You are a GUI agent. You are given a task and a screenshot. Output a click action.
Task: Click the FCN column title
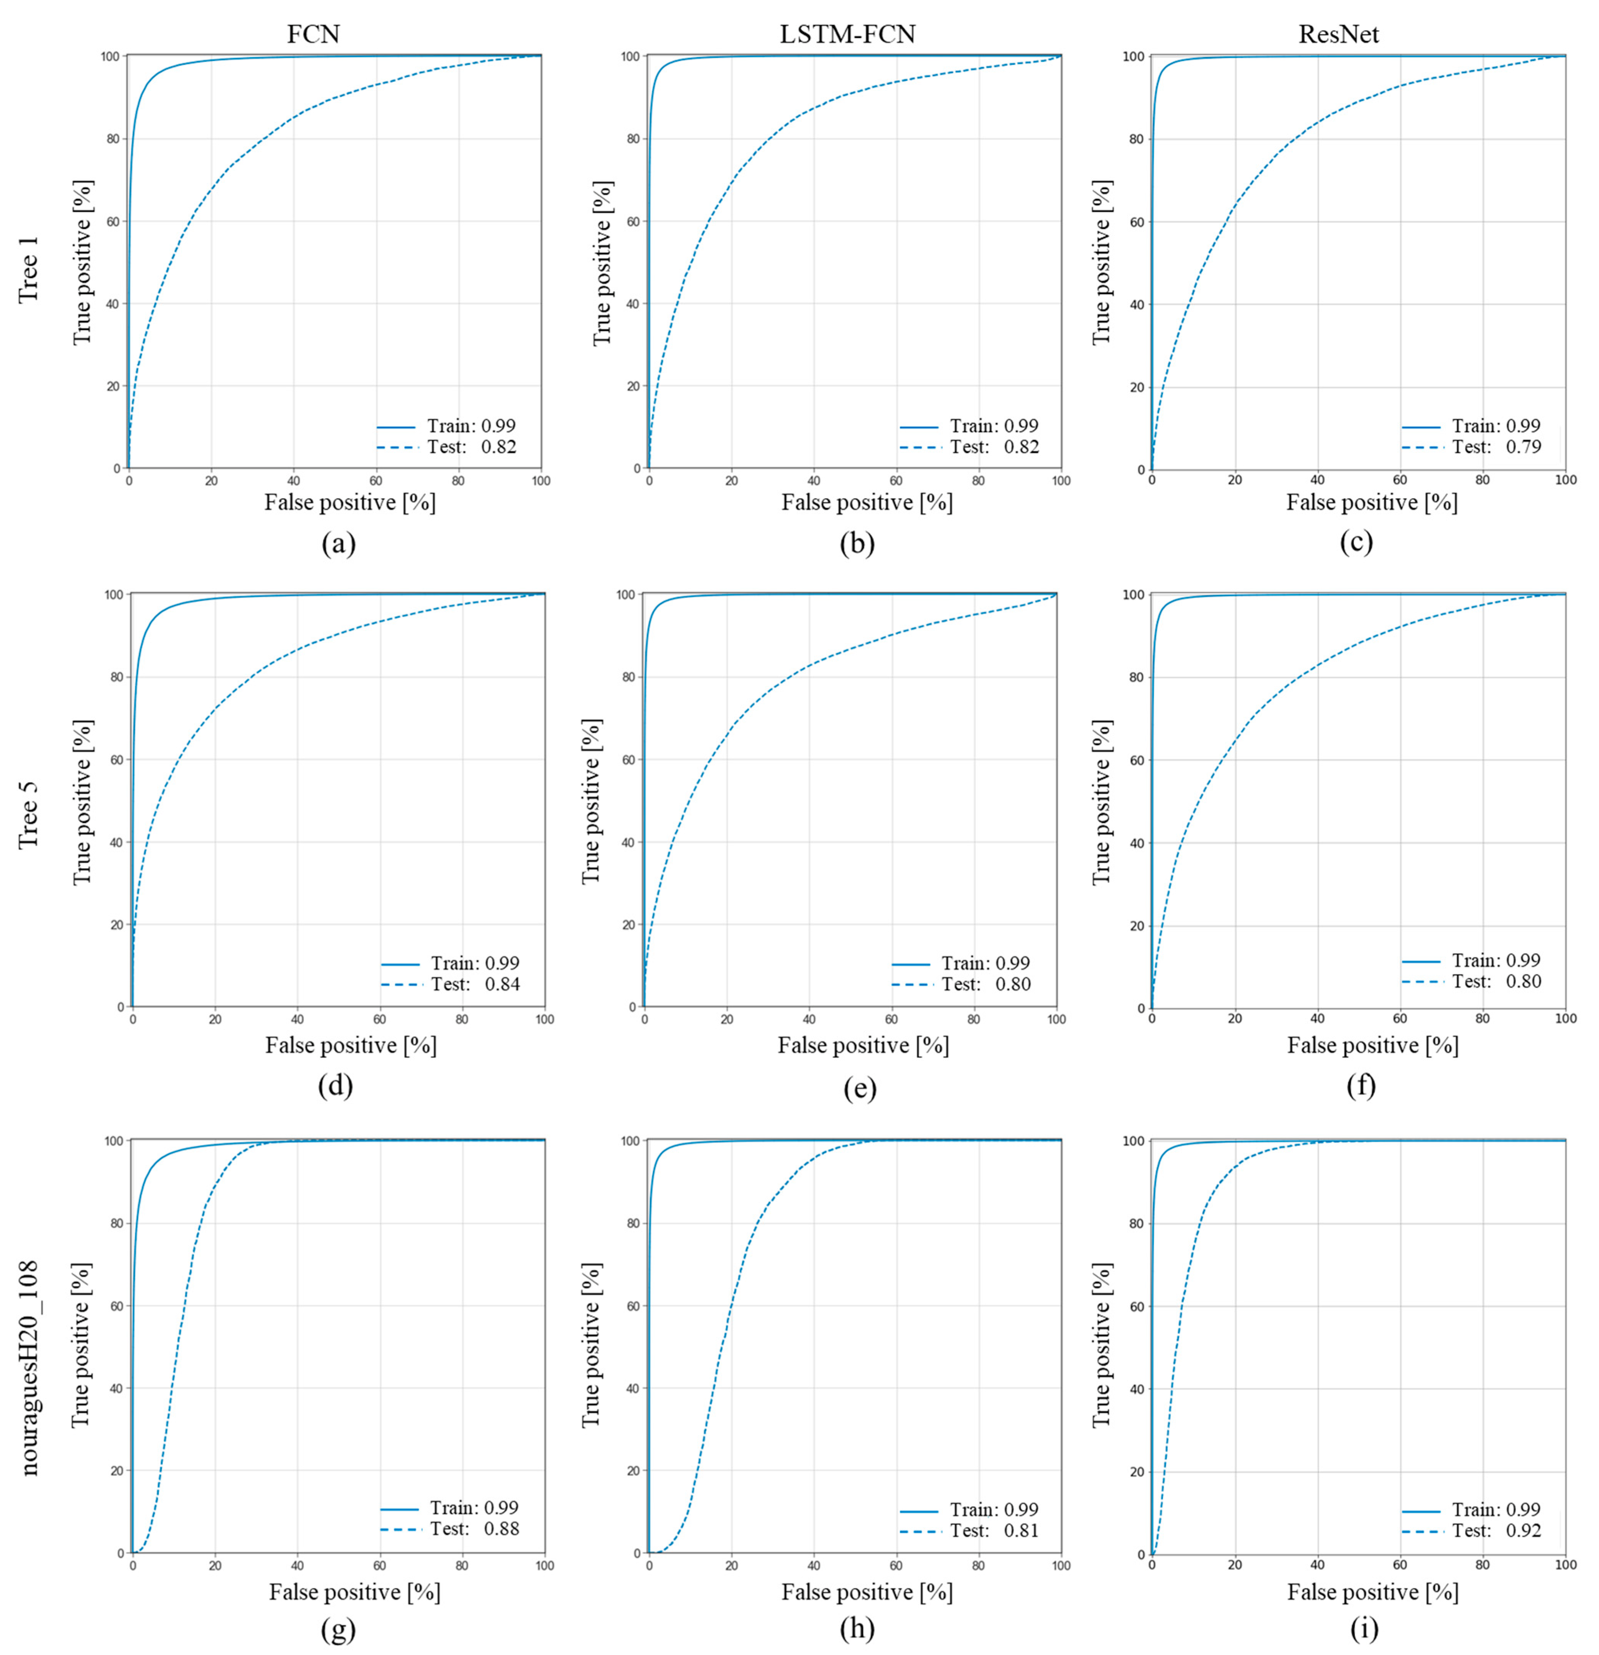pyautogui.click(x=313, y=34)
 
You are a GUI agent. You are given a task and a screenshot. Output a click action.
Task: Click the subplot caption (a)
pyautogui.click(x=339, y=543)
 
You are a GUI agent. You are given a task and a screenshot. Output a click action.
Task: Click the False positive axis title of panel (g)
pyautogui.click(x=355, y=1592)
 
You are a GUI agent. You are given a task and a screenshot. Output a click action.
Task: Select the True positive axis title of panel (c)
pyautogui.click(x=1102, y=262)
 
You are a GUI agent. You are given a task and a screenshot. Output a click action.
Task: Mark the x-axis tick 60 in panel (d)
pyautogui.click(x=380, y=1019)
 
